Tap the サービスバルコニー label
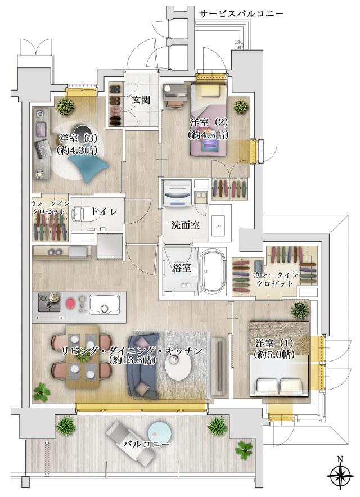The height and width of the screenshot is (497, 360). [x=241, y=13]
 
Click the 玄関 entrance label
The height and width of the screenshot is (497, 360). [x=140, y=101]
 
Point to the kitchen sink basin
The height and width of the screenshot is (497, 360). [x=103, y=307]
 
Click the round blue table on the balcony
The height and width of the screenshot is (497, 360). [x=159, y=433]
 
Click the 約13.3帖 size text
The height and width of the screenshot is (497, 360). [x=133, y=360]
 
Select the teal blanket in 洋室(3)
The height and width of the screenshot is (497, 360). [x=89, y=166]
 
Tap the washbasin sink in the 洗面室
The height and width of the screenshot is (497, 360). [x=220, y=224]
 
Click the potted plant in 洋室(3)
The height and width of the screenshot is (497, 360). [x=67, y=105]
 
